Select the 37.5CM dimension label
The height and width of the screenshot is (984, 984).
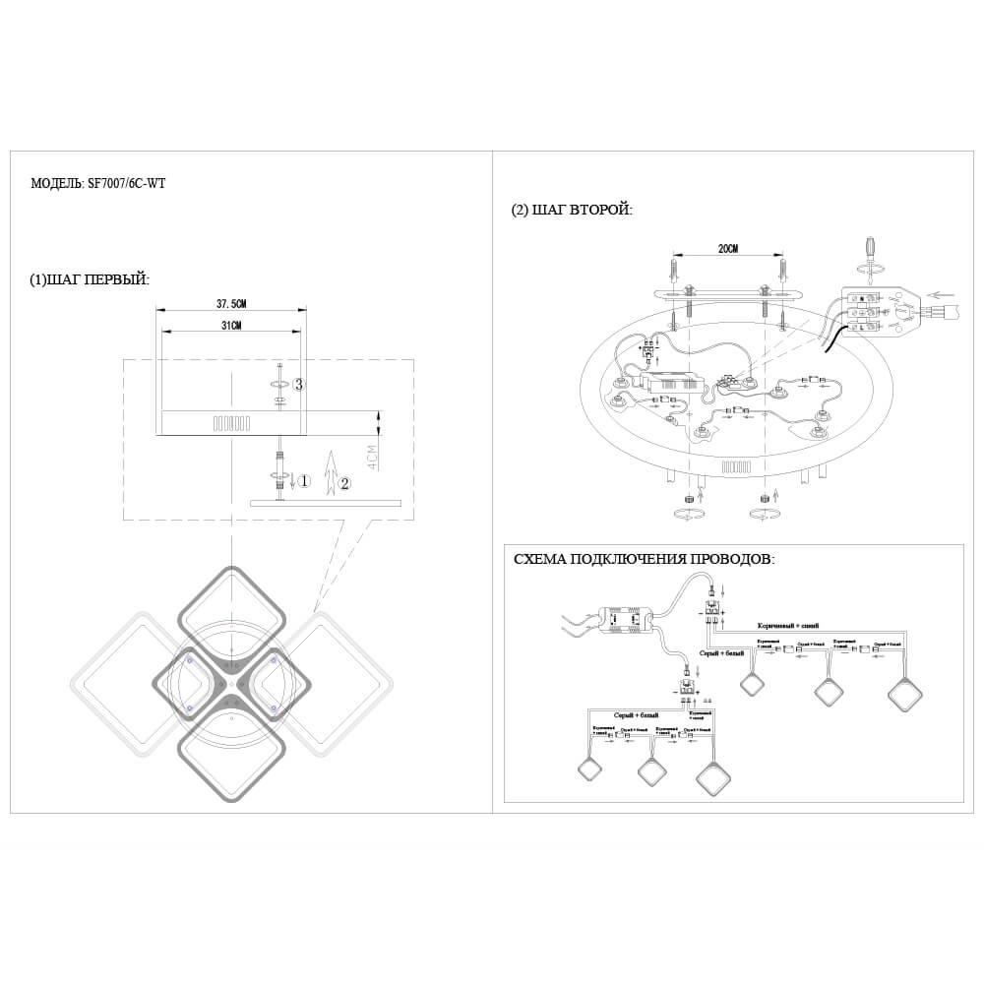231,303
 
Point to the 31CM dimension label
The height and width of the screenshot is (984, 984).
231,325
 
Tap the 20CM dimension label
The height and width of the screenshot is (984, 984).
728,250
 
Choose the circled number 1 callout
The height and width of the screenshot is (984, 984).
305,482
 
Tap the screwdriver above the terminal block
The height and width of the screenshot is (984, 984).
868,250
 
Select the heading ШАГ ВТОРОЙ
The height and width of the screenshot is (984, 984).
572,210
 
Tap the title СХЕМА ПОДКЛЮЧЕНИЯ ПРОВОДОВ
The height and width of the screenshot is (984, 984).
644,559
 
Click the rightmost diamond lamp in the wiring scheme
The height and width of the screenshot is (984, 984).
903,694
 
